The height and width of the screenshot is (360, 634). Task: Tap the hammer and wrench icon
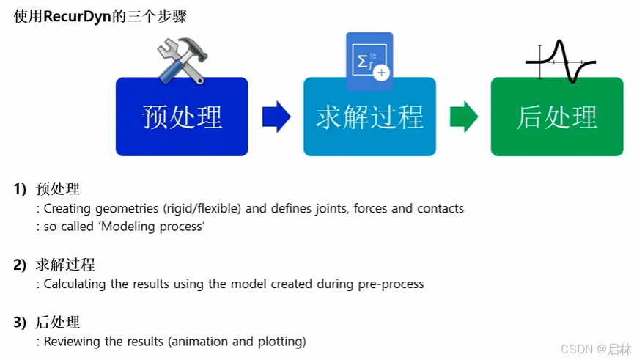(183, 59)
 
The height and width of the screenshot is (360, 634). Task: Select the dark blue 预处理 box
(182, 117)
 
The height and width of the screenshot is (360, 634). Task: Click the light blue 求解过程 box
(370, 117)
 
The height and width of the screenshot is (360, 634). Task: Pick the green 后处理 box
(557, 117)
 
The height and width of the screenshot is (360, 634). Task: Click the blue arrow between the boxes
(276, 117)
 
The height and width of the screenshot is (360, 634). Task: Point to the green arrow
(463, 117)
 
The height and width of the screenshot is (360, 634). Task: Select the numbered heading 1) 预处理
(47, 189)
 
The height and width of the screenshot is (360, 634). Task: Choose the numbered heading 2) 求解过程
(54, 265)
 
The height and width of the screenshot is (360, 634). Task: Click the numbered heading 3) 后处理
(47, 322)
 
